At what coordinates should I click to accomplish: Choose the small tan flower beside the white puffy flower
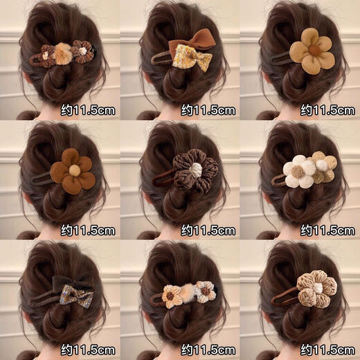pos(322,168)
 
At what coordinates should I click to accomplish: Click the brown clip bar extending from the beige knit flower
pos(281,300)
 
